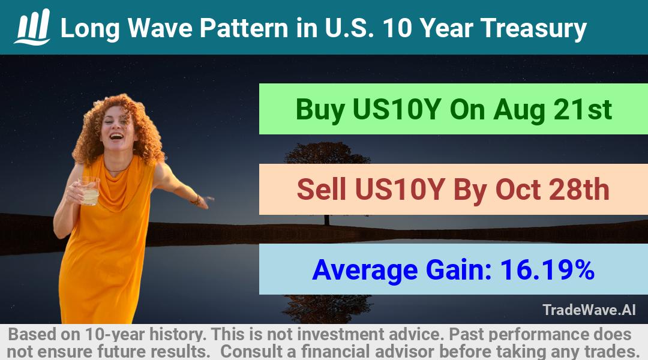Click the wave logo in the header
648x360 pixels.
pyautogui.click(x=32, y=27)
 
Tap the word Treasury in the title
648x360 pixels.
pyautogui.click(x=533, y=29)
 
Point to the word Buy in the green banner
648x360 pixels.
pyautogui.click(x=320, y=110)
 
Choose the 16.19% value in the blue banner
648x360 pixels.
pyautogui.click(x=547, y=269)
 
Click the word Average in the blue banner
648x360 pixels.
pyautogui.click(x=365, y=271)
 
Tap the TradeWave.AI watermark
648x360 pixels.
pyautogui.click(x=589, y=310)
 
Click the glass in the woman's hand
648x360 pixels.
pyautogui.click(x=89, y=191)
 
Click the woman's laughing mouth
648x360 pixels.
pyautogui.click(x=116, y=136)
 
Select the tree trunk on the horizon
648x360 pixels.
pyautogui.click(x=327, y=220)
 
